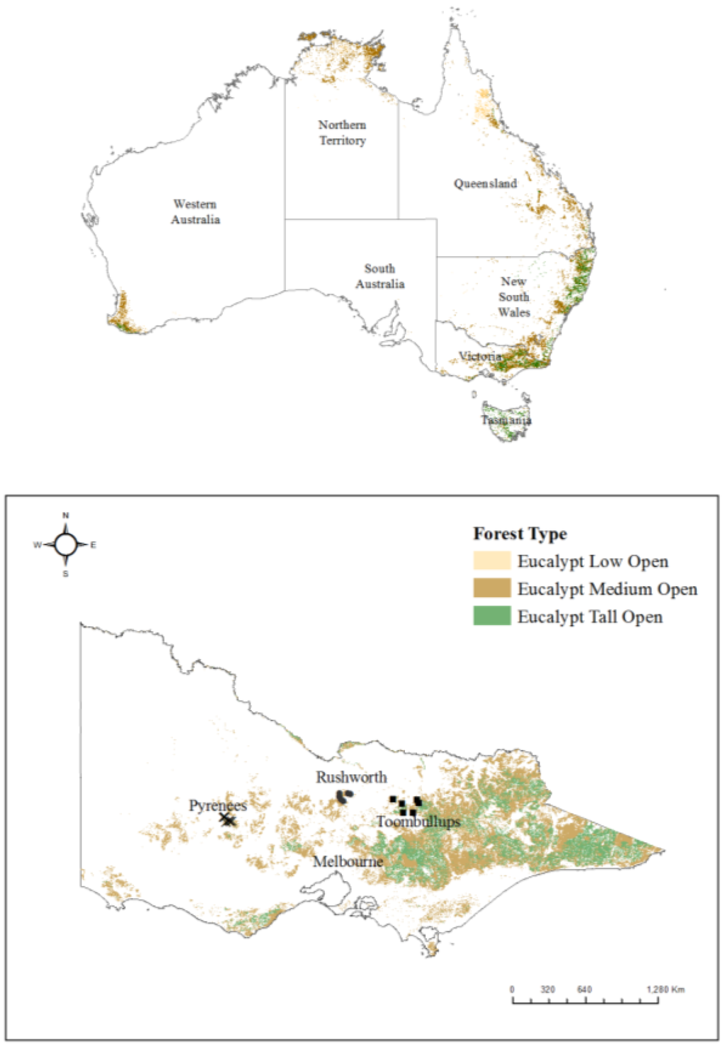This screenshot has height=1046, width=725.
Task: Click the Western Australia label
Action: (195, 212)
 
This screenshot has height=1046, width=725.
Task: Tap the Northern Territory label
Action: (342, 132)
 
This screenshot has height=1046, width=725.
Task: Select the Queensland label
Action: (485, 183)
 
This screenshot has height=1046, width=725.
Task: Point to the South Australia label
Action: (379, 276)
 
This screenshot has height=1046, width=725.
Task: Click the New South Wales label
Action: (513, 297)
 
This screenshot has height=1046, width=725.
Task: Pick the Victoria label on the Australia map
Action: (480, 356)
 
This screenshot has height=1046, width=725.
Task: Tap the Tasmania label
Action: (506, 420)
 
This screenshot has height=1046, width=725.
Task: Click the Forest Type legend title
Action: (520, 534)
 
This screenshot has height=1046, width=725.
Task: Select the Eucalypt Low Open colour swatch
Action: (491, 561)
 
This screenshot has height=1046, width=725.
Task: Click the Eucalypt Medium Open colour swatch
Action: (491, 588)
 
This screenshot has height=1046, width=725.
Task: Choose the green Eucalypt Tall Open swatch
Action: (491, 616)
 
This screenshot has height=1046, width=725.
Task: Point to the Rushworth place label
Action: (351, 777)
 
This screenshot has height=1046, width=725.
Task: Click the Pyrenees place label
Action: (217, 805)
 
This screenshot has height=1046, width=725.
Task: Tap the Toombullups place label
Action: (418, 822)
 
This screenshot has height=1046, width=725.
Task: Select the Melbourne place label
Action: (348, 861)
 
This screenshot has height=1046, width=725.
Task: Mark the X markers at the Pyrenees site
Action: (227, 820)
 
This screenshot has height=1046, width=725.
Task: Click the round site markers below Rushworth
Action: (344, 797)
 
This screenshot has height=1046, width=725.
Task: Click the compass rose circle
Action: (66, 545)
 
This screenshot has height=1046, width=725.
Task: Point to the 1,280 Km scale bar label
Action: (665, 989)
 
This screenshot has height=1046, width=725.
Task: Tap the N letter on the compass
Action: (66, 516)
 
